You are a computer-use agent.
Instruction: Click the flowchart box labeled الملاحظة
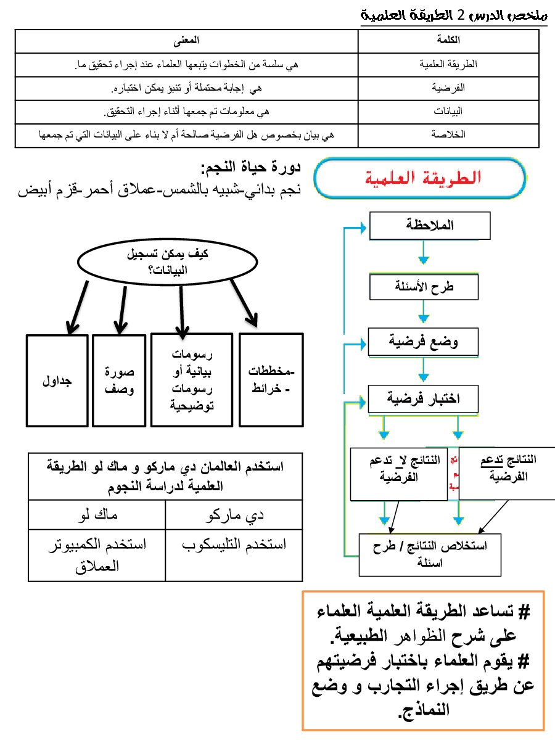coord(430,226)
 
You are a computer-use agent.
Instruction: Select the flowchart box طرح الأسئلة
coord(424,287)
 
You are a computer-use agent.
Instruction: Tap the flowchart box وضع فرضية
coord(423,341)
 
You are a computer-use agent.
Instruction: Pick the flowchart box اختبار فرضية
coord(422,399)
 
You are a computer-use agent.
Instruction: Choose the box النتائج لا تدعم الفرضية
coord(398,473)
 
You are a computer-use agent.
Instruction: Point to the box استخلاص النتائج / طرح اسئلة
coord(430,554)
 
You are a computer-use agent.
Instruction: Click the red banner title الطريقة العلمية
coord(419,178)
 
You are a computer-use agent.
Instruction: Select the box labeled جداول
coord(57,380)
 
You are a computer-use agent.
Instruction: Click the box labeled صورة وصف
coord(119,380)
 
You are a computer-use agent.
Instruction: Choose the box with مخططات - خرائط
coord(271,380)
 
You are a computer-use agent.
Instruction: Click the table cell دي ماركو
coord(234,514)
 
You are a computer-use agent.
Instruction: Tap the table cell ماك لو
coord(97,514)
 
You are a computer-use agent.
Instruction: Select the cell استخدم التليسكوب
coord(234,545)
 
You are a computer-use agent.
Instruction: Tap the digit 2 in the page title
coord(474,14)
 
